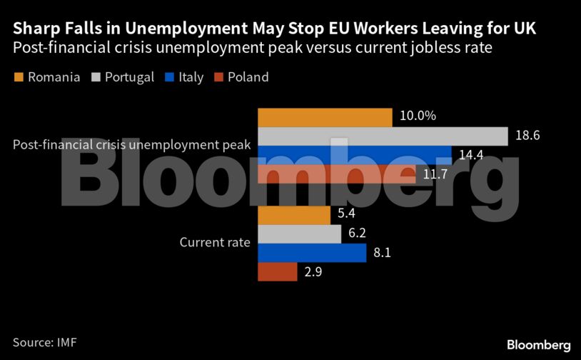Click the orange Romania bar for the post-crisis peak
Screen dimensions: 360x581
click(x=325, y=117)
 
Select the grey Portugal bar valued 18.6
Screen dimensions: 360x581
click(x=382, y=136)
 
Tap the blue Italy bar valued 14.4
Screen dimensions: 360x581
click(x=354, y=154)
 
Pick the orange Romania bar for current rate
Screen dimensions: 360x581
click(x=293, y=215)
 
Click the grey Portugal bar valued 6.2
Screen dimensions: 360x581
click(x=299, y=234)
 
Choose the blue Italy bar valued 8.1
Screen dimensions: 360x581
click(x=311, y=253)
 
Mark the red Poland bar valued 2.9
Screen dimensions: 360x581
click(x=277, y=271)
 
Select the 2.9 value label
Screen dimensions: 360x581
click(x=312, y=272)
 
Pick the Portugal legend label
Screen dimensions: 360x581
click(x=129, y=77)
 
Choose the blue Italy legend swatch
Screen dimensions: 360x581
click(x=169, y=76)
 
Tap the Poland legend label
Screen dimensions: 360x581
click(x=248, y=77)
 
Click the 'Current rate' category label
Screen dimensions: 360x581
click(x=215, y=242)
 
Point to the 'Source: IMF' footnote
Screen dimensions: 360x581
click(x=44, y=342)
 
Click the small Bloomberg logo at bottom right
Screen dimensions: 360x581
click(x=538, y=344)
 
